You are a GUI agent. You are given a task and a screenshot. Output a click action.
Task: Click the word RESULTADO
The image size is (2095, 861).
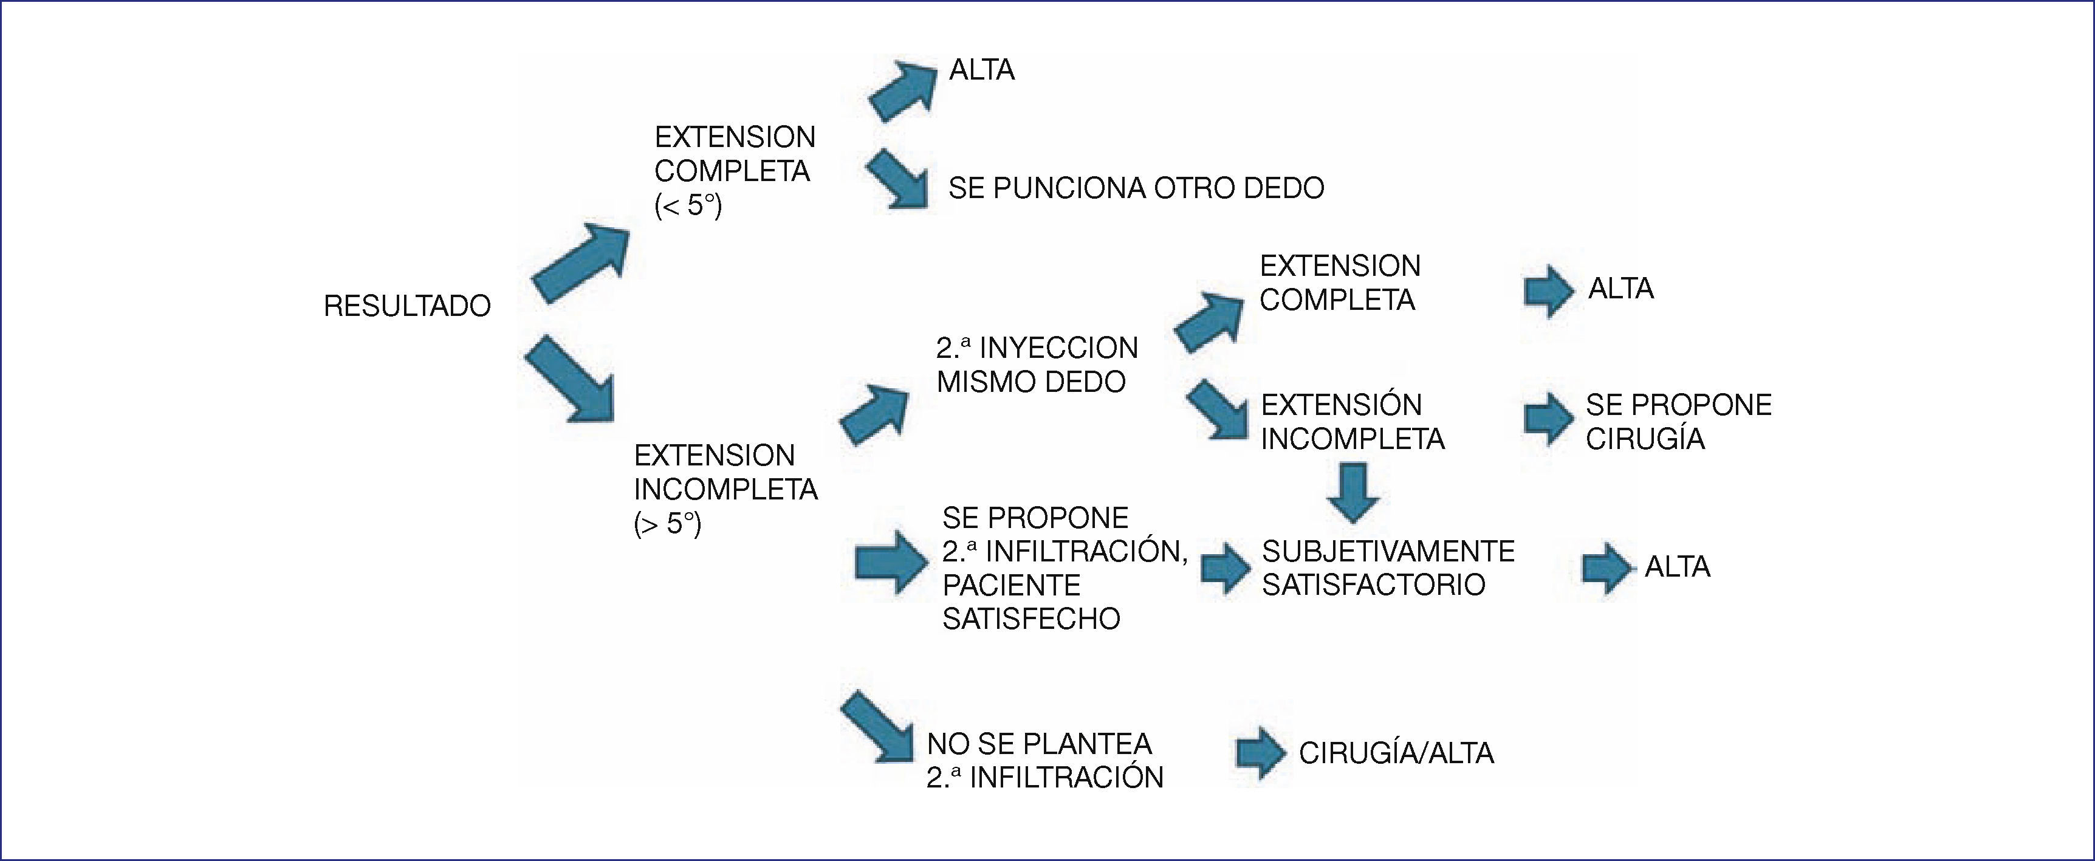(406, 306)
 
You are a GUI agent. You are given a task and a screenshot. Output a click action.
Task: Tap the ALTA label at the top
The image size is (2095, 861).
(982, 70)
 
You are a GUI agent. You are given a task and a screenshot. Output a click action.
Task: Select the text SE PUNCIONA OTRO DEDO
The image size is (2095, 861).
(1136, 188)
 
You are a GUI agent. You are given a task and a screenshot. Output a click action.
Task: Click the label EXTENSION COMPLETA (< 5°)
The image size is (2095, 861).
(733, 171)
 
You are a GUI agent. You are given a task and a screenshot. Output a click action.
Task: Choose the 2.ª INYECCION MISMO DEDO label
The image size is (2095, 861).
(1036, 364)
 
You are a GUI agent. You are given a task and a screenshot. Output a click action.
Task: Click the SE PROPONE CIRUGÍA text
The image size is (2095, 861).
(1678, 421)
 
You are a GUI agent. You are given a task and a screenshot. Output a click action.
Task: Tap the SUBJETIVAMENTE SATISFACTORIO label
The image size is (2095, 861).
(1387, 568)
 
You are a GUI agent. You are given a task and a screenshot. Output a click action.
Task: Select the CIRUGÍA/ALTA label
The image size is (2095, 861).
(1396, 753)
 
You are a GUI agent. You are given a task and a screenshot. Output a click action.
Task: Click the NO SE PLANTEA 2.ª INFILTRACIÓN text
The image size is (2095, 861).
(1044, 760)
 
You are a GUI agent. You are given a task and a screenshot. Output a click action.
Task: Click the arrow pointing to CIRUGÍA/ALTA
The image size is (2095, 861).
(1260, 753)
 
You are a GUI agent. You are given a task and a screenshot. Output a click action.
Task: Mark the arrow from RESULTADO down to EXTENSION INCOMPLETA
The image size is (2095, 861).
(570, 380)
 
